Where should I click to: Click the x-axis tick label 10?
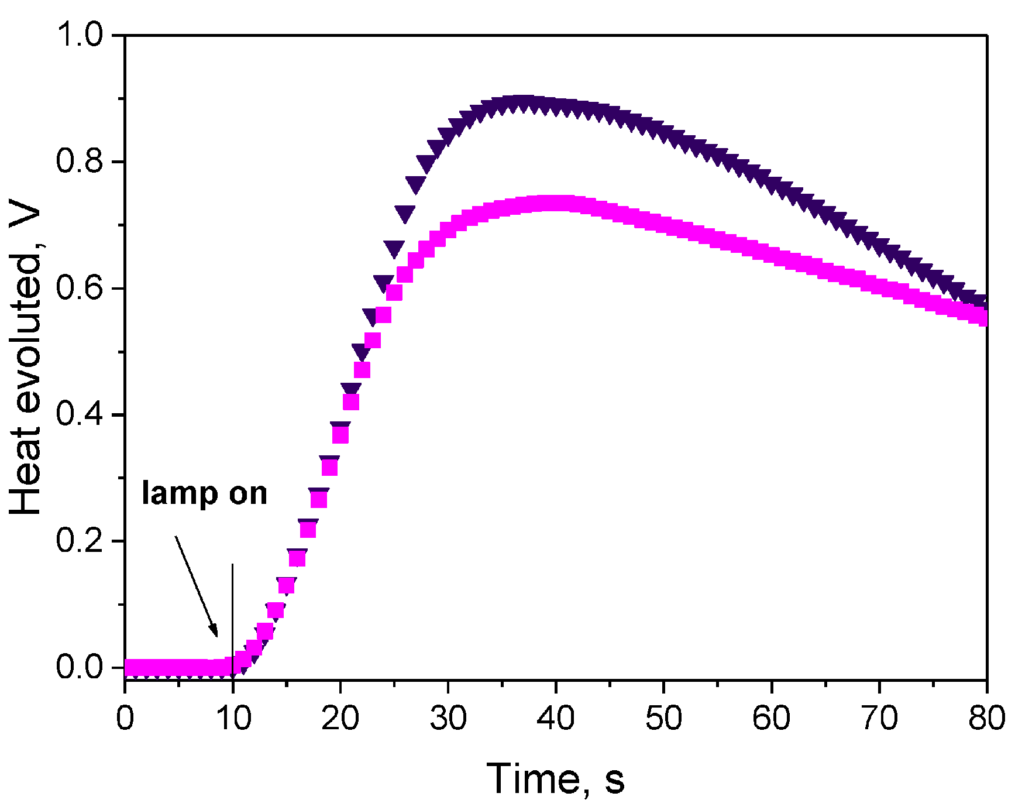pos(233,718)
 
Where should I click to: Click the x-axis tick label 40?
pos(556,718)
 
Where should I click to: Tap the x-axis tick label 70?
pos(879,718)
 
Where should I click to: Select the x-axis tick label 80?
pos(986,718)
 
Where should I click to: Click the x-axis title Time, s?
pos(556,779)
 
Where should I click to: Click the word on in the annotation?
pos(248,493)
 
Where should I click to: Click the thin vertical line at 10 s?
pos(233,603)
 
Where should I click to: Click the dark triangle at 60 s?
pos(772,186)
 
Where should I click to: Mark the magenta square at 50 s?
pos(664,224)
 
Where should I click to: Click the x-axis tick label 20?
pos(340,718)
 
